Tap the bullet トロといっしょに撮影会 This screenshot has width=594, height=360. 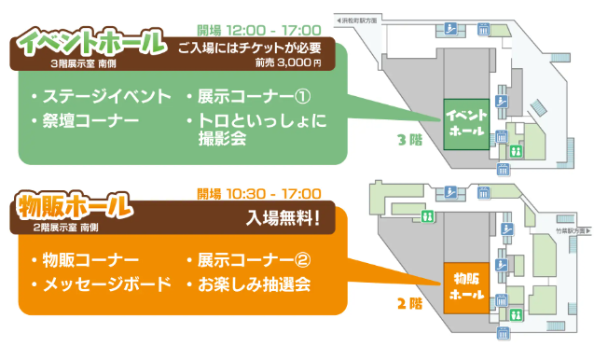[x=256, y=131]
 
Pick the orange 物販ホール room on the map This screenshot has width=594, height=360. [x=465, y=285]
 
